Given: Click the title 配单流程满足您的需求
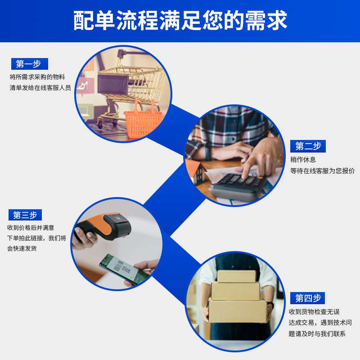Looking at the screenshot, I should pos(180,21).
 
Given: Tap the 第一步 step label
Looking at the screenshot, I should pos(29,64).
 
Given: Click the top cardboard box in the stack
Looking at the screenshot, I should pos(236,276).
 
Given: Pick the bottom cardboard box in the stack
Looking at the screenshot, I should pos(238,310).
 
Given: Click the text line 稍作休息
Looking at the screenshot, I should pos(303,159).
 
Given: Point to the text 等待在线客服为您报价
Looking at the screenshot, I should pos(322,171).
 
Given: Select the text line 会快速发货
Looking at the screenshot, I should pos(22,248).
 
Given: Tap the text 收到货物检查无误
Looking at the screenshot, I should pos(314,312).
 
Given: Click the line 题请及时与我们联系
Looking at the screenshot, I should pos(317,333).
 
